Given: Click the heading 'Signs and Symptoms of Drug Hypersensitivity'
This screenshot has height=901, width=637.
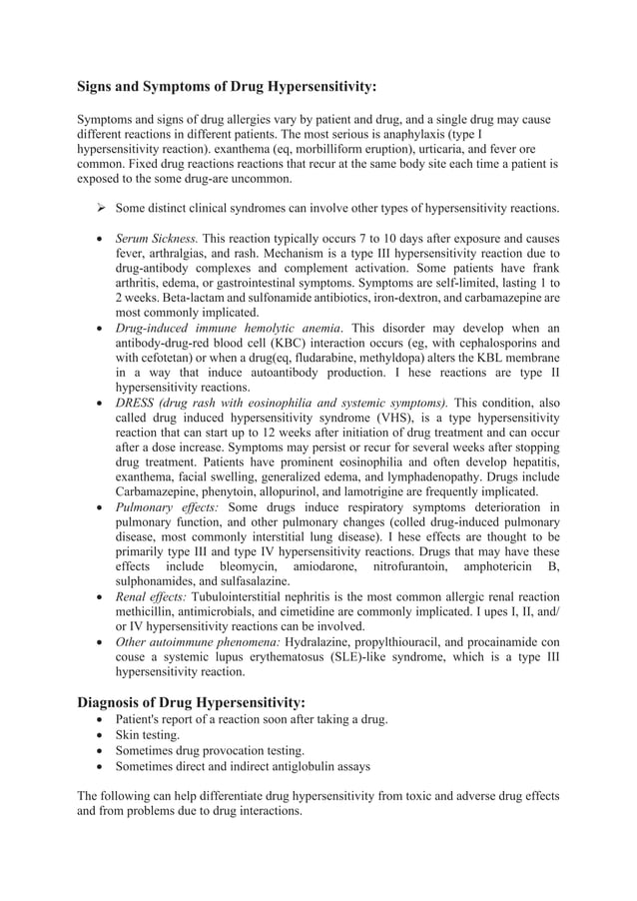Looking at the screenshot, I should coord(227,87).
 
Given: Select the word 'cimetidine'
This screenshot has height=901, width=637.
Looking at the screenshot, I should coord(311,612).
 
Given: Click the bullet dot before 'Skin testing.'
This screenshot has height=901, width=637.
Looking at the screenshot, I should coord(98,735).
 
